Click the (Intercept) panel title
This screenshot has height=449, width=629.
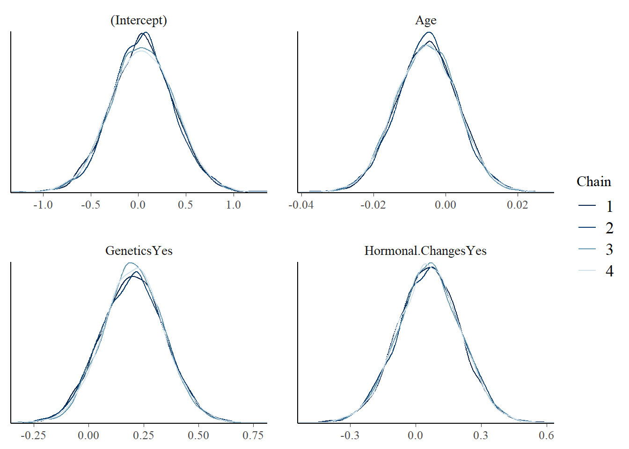(x=139, y=21)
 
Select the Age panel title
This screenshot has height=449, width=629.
(x=426, y=21)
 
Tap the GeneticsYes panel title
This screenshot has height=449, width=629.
(x=139, y=251)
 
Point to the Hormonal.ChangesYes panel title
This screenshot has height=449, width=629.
(x=425, y=251)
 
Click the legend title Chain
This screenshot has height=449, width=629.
(x=593, y=181)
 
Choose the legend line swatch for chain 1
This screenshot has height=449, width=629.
(x=587, y=206)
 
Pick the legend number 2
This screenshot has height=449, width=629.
(x=609, y=228)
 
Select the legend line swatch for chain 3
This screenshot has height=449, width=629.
(x=587, y=249)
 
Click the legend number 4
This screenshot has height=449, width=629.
(x=609, y=271)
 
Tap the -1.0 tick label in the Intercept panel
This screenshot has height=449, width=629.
(x=43, y=205)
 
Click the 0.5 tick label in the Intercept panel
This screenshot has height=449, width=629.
(x=185, y=205)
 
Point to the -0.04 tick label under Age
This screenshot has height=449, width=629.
(x=301, y=205)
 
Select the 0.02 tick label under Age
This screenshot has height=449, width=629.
(x=518, y=205)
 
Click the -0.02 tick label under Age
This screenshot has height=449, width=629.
(x=373, y=205)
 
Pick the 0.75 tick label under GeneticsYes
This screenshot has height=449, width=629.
(x=253, y=435)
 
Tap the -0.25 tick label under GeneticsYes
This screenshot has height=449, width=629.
(x=34, y=435)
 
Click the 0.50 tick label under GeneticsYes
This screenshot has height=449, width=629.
(x=198, y=435)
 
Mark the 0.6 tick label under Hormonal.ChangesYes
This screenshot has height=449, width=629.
(x=546, y=435)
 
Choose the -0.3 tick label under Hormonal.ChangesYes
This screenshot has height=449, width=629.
(x=350, y=435)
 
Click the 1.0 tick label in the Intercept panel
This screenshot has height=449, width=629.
(x=234, y=205)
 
